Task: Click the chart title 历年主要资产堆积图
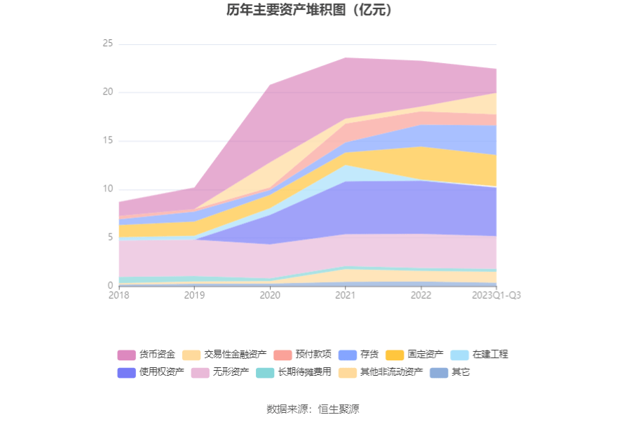pos(309,11)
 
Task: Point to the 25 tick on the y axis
pos(107,44)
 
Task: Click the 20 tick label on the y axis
pos(107,93)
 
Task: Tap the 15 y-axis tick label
pos(107,141)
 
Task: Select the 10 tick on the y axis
pos(107,189)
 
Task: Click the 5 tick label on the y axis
pos(109,238)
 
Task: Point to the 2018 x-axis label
pos(119,296)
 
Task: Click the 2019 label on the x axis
pos(194,296)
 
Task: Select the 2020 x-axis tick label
pos(270,296)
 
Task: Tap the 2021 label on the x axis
pos(346,296)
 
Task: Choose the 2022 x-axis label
pos(421,296)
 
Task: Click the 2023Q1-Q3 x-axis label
pos(496,296)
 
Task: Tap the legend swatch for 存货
pos(347,355)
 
